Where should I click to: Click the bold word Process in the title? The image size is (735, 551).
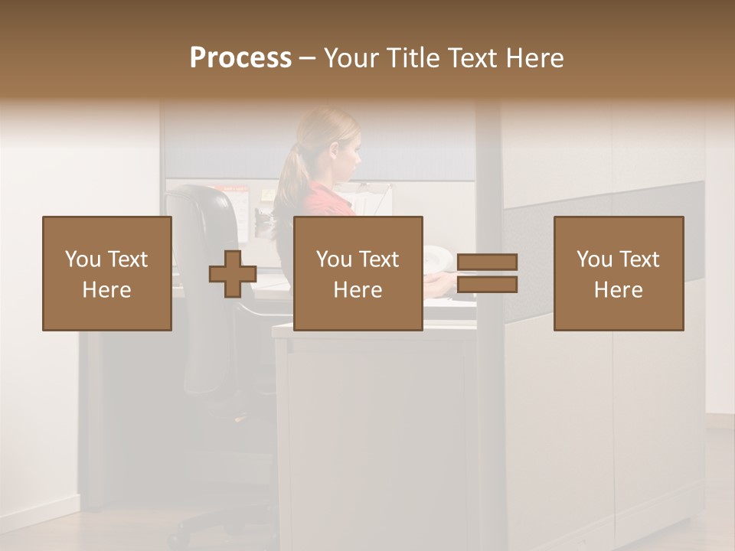click(240, 58)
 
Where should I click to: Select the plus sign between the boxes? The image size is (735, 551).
click(233, 274)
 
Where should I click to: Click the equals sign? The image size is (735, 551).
click(487, 274)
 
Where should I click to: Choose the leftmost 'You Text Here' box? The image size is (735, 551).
click(107, 273)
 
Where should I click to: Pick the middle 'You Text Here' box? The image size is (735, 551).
click(358, 273)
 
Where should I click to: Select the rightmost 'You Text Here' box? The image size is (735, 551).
click(619, 273)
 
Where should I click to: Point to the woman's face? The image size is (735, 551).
click(348, 153)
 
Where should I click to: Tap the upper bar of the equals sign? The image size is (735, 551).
click(487, 262)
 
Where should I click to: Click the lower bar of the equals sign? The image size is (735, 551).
click(487, 285)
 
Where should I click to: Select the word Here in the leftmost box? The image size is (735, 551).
click(107, 290)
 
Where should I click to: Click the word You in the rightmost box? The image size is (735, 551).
click(594, 259)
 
